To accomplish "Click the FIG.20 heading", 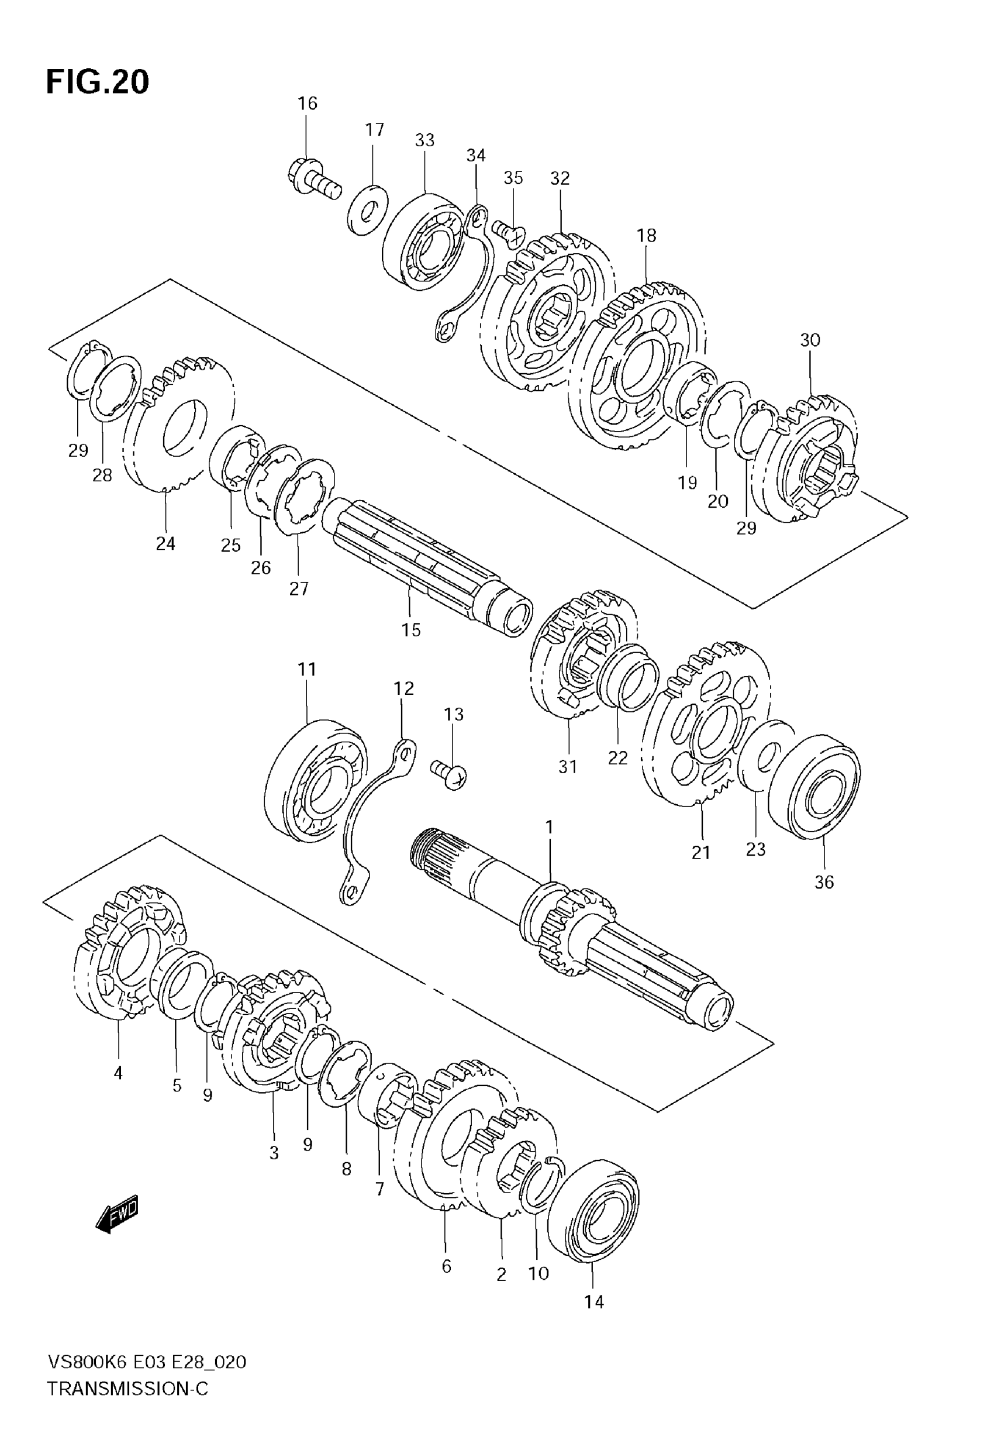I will click(98, 81).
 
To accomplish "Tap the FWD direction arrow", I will click(117, 1213).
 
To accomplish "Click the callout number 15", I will click(411, 630).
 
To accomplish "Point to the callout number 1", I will click(549, 827).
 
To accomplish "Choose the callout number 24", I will click(165, 544).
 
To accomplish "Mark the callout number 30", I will click(810, 340).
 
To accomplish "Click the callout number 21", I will click(701, 852).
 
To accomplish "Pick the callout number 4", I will click(118, 1073).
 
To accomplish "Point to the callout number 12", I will click(403, 688).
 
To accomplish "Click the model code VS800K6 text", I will click(87, 1380).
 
